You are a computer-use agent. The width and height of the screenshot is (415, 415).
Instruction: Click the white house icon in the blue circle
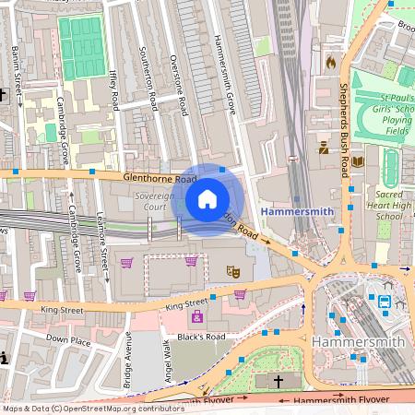pyautogui.click(x=207, y=198)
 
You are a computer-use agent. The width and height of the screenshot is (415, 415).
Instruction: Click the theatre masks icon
pyautogui.click(x=233, y=271)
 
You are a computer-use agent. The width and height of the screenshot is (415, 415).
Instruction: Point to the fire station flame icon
pyautogui.click(x=330, y=63)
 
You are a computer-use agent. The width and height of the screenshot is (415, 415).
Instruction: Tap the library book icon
pyautogui.click(x=358, y=161)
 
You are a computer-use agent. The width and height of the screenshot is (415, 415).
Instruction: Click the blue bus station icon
pyautogui.click(x=379, y=301)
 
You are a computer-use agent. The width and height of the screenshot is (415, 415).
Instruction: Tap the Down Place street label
pyautogui.click(x=68, y=339)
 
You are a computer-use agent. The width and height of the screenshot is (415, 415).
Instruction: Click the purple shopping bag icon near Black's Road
pyautogui.click(x=196, y=316)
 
